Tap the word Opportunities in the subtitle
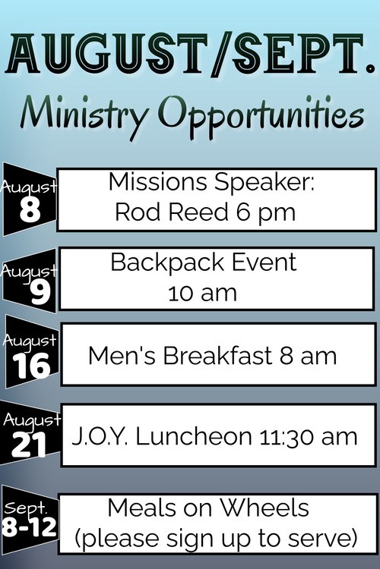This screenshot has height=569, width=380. click(x=261, y=115)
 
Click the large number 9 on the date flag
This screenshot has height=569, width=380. click(x=40, y=293)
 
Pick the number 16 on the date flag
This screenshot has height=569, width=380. click(x=32, y=366)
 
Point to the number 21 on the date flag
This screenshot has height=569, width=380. click(x=29, y=445)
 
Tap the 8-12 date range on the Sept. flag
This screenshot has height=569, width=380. click(x=29, y=527)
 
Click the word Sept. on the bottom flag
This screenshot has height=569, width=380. click(x=25, y=508)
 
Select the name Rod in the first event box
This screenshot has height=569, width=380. click(x=138, y=212)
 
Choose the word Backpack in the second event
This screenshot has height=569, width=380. click(x=168, y=262)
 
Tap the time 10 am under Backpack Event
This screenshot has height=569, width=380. click(x=203, y=293)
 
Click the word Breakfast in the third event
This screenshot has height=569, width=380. click(x=217, y=355)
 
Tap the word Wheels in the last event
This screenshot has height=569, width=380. click(x=264, y=508)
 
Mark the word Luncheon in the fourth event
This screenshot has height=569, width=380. click(x=194, y=436)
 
